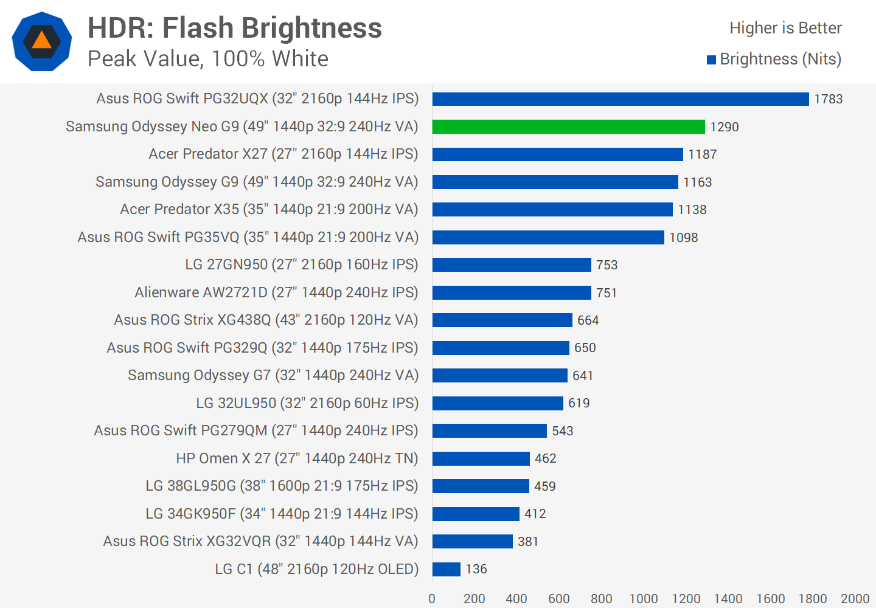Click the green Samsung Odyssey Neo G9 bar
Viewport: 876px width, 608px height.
click(x=568, y=126)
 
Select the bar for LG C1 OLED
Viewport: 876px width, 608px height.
click(x=447, y=569)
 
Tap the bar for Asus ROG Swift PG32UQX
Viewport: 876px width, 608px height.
click(x=620, y=99)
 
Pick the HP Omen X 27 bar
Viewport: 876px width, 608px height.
click(x=481, y=458)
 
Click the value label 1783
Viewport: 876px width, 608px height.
click(x=828, y=99)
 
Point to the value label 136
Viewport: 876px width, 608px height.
click(x=476, y=569)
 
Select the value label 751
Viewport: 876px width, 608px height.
click(x=607, y=293)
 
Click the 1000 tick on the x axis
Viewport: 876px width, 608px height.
click(x=644, y=599)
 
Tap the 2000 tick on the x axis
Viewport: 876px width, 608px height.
click(x=855, y=599)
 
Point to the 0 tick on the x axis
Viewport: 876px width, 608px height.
click(x=432, y=599)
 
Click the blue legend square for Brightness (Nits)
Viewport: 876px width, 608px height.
click(x=711, y=60)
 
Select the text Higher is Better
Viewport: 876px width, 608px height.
click(x=785, y=28)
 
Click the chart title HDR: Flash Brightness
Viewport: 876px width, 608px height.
click(x=235, y=28)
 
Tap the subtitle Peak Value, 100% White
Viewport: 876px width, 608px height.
click(x=208, y=59)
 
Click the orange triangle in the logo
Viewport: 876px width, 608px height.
click(x=41, y=40)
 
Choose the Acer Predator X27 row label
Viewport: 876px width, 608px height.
click(x=283, y=154)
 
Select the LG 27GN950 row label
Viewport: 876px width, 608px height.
click(x=302, y=264)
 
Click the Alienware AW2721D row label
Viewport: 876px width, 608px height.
click(x=276, y=292)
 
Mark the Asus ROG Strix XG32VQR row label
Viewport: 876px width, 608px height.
click(x=260, y=541)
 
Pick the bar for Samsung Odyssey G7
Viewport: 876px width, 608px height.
click(x=499, y=376)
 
